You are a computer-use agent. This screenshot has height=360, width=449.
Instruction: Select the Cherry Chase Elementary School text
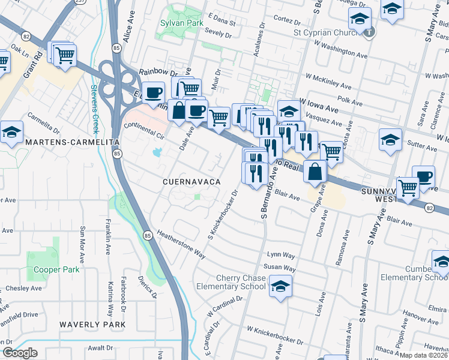click(x=231, y=282)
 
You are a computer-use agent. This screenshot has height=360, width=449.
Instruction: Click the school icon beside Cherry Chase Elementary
click(x=280, y=286)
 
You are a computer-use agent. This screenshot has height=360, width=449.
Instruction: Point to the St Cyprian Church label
click(x=329, y=32)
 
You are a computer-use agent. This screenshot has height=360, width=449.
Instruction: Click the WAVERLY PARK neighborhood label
click(x=92, y=324)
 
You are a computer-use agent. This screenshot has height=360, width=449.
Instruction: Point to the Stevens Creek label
click(x=94, y=109)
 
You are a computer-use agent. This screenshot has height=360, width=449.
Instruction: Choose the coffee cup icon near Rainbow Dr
click(x=154, y=92)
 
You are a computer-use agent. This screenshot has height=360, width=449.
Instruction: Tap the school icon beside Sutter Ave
click(x=390, y=139)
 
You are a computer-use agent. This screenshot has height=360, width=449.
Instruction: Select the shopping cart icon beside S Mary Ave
click(x=408, y=187)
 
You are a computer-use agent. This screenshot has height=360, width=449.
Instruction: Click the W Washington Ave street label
click(x=337, y=55)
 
